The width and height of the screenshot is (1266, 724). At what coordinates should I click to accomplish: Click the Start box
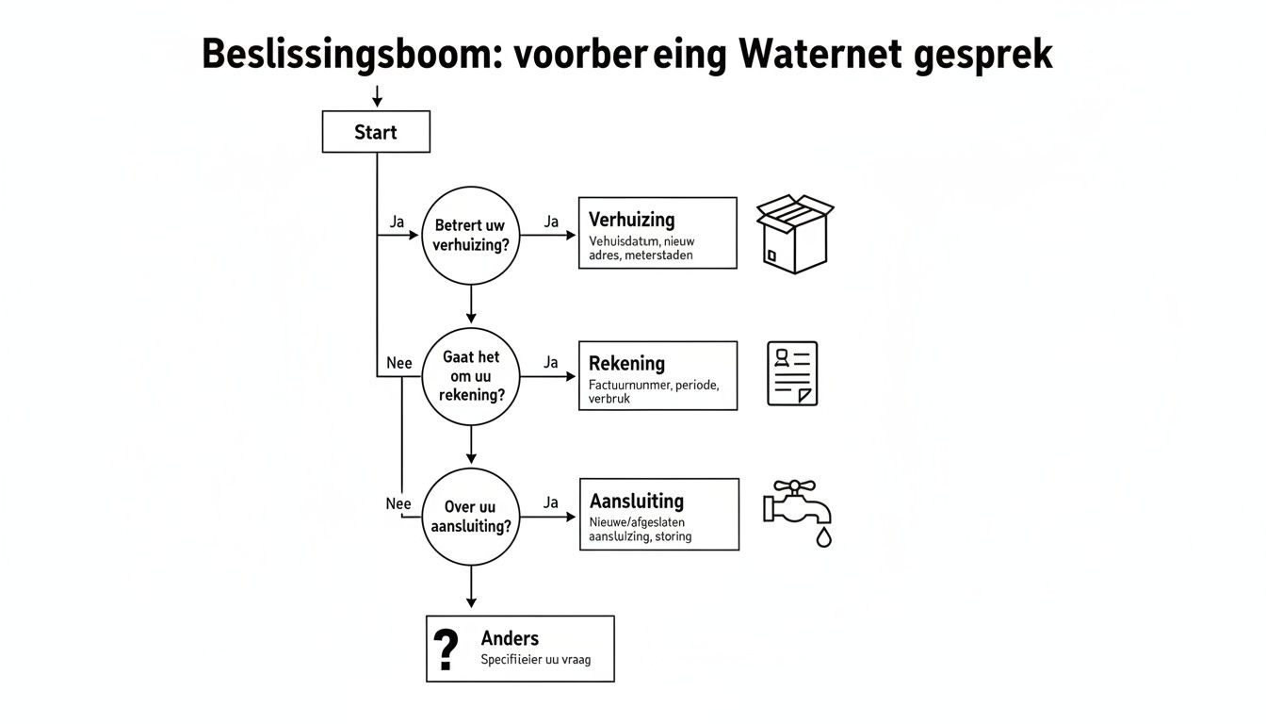(x=376, y=132)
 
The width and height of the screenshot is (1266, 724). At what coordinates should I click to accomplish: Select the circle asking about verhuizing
(x=470, y=236)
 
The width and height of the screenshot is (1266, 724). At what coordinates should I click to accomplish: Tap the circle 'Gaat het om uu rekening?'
(x=470, y=376)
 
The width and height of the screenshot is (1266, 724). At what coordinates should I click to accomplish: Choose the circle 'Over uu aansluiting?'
(x=470, y=517)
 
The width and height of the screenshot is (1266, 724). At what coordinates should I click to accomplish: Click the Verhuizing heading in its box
(x=631, y=220)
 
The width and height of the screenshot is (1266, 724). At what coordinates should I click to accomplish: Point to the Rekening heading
(x=626, y=363)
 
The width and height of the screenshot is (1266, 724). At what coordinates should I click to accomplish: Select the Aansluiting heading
(x=636, y=502)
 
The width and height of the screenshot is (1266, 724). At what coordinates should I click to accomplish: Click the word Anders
(x=510, y=638)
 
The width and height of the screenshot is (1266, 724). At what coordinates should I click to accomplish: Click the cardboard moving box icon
(x=795, y=234)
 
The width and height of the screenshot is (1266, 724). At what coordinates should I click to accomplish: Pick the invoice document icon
(x=792, y=373)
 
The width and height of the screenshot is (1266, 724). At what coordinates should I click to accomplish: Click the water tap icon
(x=796, y=503)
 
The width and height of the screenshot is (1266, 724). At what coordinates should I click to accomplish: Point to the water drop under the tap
(x=823, y=537)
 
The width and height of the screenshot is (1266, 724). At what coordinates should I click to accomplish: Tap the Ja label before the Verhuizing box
(x=551, y=222)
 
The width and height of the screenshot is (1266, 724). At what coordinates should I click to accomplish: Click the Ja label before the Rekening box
(x=551, y=362)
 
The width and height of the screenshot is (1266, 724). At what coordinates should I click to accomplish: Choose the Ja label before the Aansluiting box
(x=551, y=502)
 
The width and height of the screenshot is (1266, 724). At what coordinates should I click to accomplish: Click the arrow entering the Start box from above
(x=376, y=96)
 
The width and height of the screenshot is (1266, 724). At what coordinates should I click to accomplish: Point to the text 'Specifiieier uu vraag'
(x=535, y=660)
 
